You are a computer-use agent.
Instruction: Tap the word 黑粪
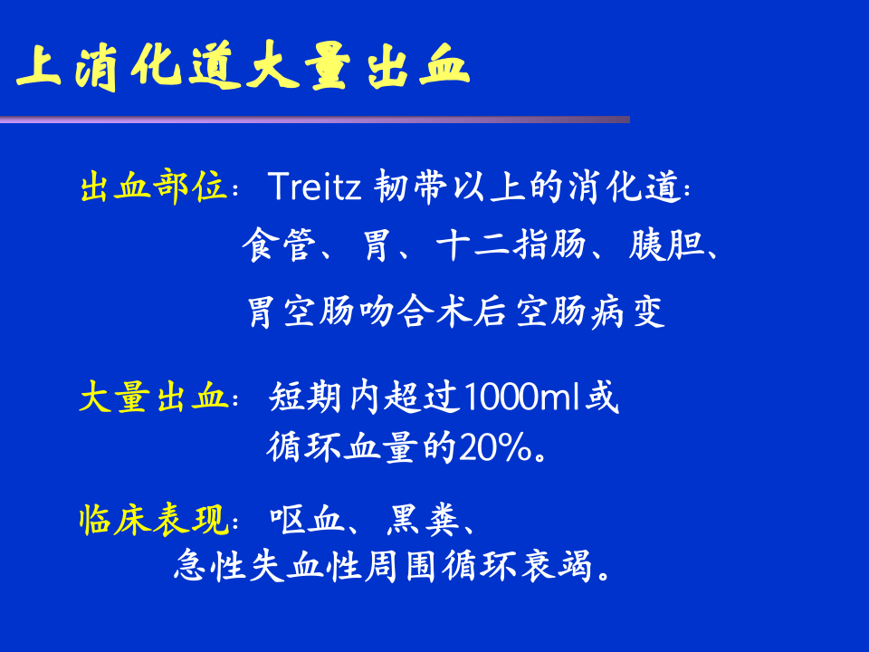point(424,521)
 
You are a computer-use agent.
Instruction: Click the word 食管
point(277,246)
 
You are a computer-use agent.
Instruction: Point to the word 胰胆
point(666,246)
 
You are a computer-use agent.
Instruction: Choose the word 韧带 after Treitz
point(412,187)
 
